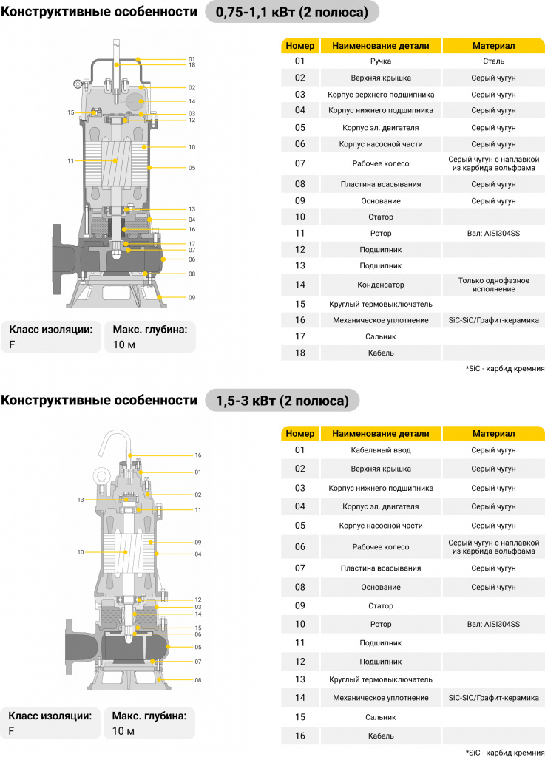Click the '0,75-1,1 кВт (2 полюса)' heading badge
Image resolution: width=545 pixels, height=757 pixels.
[292, 12]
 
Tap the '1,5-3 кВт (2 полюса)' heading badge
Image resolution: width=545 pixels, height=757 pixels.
[282, 401]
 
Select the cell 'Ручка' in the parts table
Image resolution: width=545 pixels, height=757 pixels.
[381, 61]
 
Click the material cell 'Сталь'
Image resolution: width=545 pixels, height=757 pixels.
[493, 61]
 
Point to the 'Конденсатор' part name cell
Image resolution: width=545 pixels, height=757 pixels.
[381, 285]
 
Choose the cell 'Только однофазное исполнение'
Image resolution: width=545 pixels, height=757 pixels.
[493, 285]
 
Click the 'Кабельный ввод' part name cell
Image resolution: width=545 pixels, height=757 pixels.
[381, 450]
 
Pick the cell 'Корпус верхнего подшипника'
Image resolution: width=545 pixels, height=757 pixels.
[381, 95]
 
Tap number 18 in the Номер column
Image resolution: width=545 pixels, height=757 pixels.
[300, 353]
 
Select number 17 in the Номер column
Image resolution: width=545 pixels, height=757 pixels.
[300, 336]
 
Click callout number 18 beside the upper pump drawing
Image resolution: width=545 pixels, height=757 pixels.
[192, 65]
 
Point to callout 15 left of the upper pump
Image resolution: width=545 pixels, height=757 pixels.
[71, 112]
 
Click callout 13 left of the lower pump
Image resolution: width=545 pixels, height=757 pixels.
[81, 500]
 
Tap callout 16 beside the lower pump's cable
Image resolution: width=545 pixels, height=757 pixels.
[198, 455]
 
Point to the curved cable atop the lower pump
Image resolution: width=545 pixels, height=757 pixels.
[116, 439]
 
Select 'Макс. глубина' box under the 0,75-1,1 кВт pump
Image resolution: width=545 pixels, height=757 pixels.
[150, 337]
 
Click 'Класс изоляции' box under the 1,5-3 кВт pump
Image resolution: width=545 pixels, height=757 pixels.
[51, 723]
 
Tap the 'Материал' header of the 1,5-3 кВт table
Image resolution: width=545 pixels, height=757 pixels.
[493, 433]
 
